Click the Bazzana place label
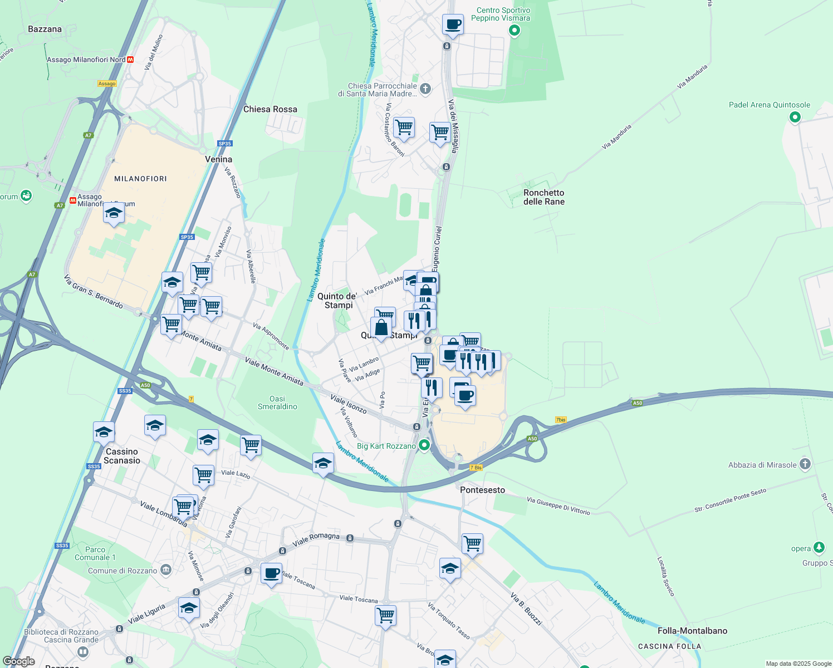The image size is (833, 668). [45, 29]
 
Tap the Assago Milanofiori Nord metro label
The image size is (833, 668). [86, 60]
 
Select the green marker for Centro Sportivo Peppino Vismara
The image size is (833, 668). [514, 31]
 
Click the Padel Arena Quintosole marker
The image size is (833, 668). [795, 117]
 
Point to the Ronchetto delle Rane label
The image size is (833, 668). [544, 197]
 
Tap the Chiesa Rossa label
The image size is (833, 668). [270, 109]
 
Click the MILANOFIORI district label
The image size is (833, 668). [140, 179]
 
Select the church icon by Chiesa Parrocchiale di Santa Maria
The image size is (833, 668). [425, 89]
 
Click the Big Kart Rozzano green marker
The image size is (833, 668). [424, 445]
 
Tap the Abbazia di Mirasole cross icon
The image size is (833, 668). [805, 464]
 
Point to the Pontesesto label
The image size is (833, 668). [482, 490]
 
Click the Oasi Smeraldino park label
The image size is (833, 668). [277, 402]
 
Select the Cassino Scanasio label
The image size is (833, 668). [122, 456]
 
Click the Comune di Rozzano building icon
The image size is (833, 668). [166, 569]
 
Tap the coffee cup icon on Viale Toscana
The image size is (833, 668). [272, 573]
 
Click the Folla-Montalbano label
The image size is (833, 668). [692, 631]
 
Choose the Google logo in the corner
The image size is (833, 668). [18, 661]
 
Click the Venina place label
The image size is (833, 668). [218, 159]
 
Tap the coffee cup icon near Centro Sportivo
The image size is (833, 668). [453, 25]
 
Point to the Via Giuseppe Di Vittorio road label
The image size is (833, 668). [558, 505]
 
